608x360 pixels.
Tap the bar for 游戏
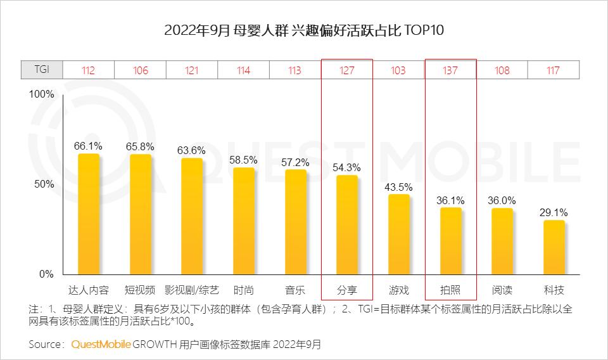click(x=398, y=235)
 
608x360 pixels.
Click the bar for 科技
click(x=554, y=248)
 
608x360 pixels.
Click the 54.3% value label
click(x=346, y=168)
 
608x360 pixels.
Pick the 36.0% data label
click(x=502, y=200)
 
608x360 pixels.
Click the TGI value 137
click(x=450, y=70)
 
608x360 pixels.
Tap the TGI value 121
click(x=192, y=70)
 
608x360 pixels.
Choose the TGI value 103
click(x=398, y=70)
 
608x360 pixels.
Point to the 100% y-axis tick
click(x=42, y=94)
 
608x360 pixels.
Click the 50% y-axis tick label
click(x=45, y=184)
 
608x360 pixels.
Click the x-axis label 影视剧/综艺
click(x=192, y=290)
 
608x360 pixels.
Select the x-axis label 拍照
click(x=450, y=290)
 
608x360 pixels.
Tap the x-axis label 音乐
click(x=295, y=290)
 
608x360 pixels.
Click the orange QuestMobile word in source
click(x=101, y=345)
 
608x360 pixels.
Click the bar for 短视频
click(x=141, y=215)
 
